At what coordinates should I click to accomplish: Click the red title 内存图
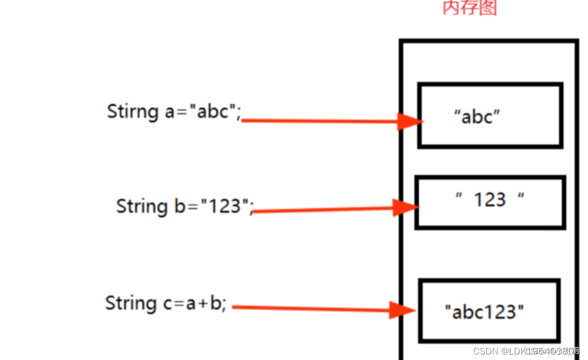pos(469,8)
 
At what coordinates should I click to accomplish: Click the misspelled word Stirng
pos(133,111)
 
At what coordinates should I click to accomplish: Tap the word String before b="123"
pos(141,206)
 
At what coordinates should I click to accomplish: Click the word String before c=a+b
pos(130,303)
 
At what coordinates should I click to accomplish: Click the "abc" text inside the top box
pos(477,117)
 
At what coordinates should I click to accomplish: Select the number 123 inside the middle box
pos(490,200)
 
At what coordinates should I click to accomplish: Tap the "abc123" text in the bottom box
pos(484,312)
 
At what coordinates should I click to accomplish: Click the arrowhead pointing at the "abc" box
pos(409,121)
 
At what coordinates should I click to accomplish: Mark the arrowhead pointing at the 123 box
pos(405,208)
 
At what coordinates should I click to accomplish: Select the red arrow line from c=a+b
pos(311,309)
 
